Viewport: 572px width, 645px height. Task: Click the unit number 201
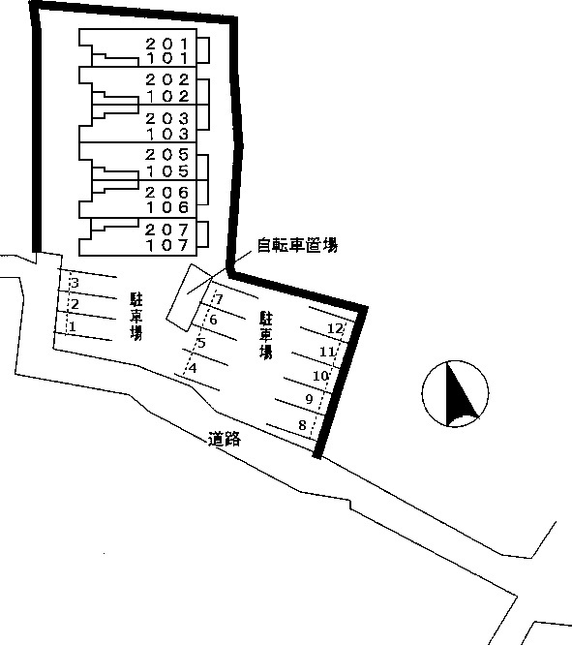[166, 44]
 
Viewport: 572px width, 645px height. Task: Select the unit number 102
[167, 96]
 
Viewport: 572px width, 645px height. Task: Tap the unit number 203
[166, 118]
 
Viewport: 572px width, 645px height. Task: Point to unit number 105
[167, 170]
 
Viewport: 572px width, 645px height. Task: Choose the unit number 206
[166, 192]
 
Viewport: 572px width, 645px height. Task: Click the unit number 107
[167, 245]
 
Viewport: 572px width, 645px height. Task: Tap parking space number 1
[73, 326]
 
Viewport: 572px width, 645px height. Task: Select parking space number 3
[75, 283]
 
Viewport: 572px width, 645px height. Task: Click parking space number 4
[193, 367]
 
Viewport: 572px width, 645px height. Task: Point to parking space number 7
[219, 298]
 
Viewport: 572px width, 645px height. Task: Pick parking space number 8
[302, 424]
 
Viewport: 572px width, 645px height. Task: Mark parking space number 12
[335, 328]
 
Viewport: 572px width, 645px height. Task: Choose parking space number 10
[320, 376]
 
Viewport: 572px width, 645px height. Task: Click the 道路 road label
[225, 439]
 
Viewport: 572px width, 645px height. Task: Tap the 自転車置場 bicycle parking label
[297, 245]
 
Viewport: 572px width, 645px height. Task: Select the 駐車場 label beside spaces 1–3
[136, 316]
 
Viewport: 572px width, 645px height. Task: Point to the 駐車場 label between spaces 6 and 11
[266, 335]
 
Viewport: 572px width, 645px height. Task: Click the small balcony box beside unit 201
[203, 50]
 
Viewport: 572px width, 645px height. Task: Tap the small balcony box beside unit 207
[202, 233]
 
